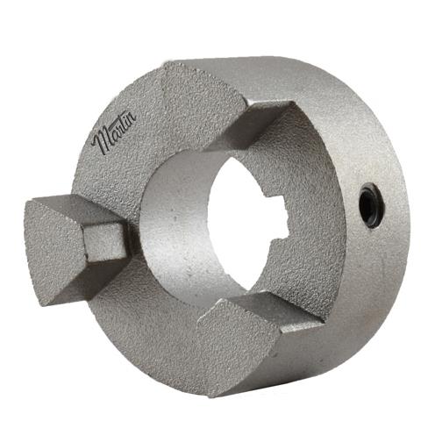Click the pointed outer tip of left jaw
click(29, 210)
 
